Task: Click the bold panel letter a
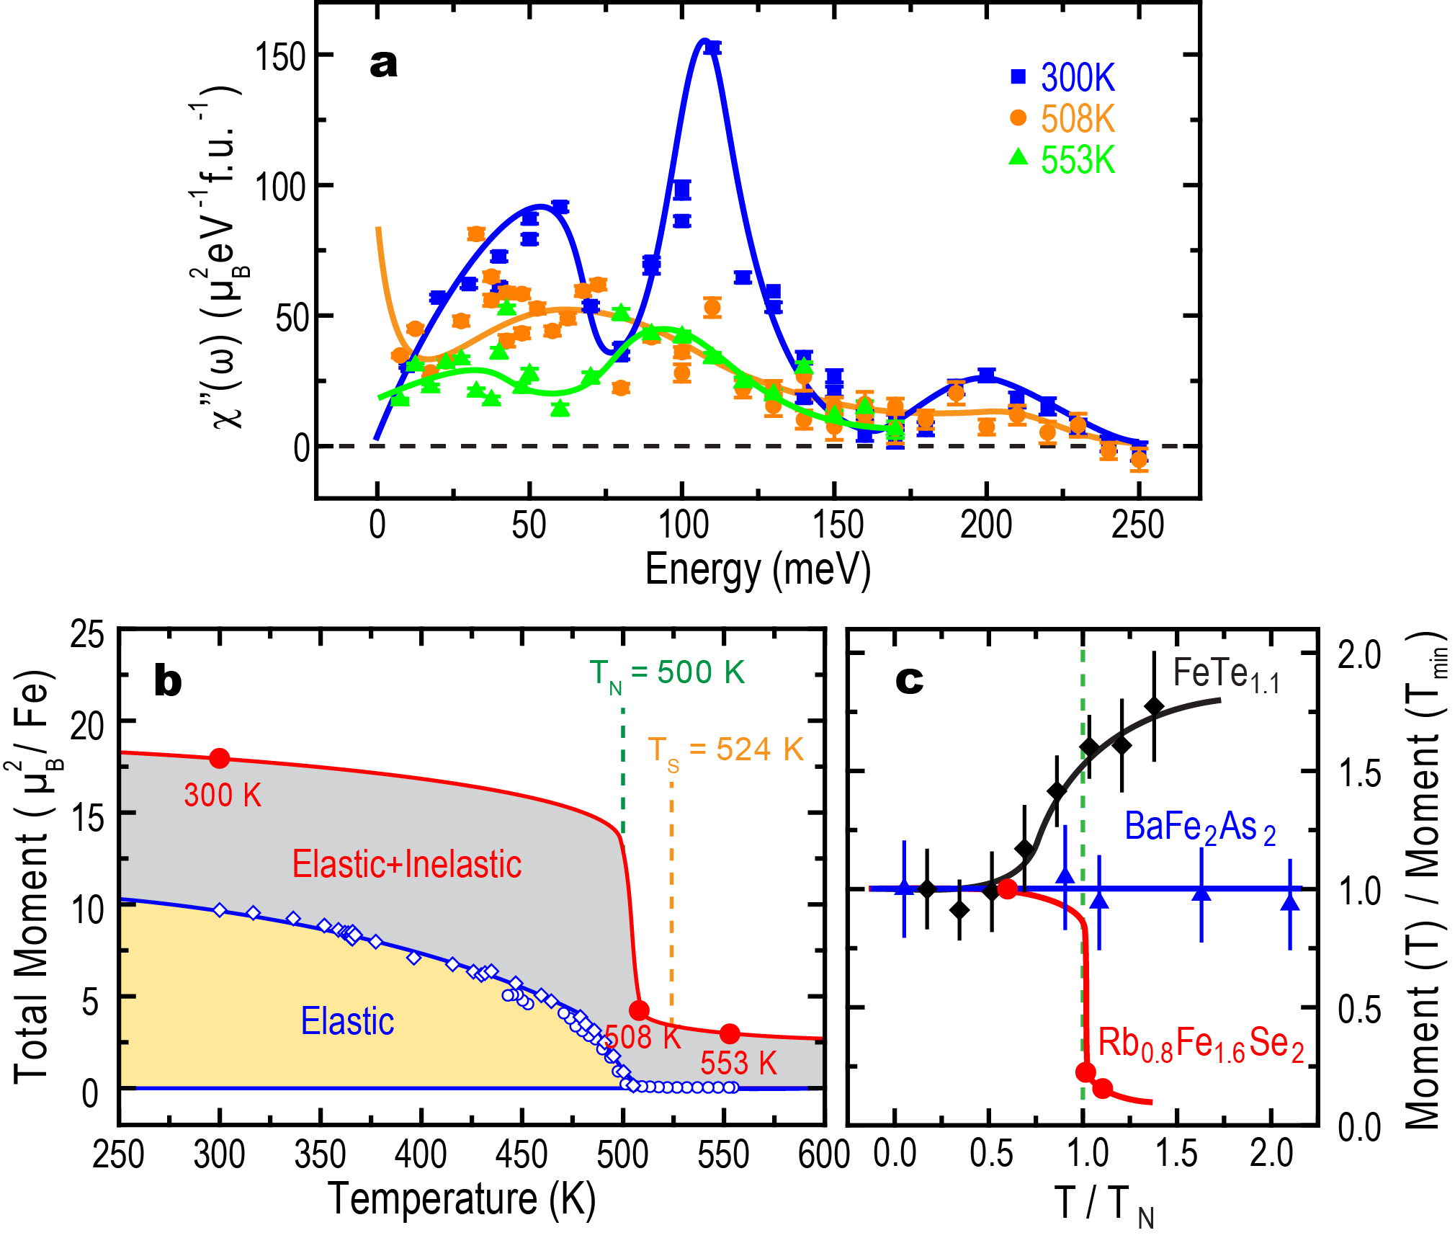[x=383, y=63]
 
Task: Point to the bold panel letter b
[x=168, y=681]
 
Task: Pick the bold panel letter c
[x=909, y=680]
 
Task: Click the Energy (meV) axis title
[x=758, y=570]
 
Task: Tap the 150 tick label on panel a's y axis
[x=281, y=56]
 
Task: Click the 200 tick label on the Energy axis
[x=985, y=525]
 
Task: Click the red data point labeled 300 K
[x=220, y=758]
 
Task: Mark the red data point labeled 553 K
[x=730, y=1033]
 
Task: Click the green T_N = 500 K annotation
[x=667, y=673]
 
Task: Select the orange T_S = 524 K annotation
[x=725, y=750]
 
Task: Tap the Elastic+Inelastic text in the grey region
[x=406, y=864]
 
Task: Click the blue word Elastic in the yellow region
[x=347, y=1021]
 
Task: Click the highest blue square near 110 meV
[x=712, y=48]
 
